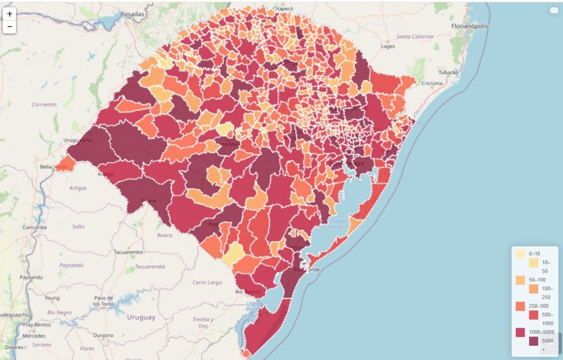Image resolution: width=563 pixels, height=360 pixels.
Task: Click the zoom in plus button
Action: point(9,14)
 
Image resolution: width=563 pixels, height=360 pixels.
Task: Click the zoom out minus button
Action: point(9,26)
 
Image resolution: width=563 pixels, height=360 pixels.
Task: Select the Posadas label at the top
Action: point(133,14)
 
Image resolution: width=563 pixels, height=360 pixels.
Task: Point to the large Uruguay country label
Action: point(141,317)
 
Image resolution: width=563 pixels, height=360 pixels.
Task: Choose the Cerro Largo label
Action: point(207,283)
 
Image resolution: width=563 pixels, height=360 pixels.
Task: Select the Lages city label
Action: point(388,46)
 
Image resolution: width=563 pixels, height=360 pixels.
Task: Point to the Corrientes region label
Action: point(45,104)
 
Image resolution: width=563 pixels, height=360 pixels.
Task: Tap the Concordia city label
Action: point(35,227)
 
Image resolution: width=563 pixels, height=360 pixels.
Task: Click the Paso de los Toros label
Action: point(103,301)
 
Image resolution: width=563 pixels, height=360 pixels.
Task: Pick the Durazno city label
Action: point(103,335)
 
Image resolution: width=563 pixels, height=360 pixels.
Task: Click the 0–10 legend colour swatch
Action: point(520,254)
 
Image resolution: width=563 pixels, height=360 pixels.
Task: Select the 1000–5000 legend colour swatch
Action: point(520,333)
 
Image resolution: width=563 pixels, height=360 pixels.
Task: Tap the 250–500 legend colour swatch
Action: point(520,306)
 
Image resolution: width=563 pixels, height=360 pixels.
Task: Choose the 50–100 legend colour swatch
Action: point(520,280)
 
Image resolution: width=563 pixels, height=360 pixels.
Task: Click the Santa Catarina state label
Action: point(415,36)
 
